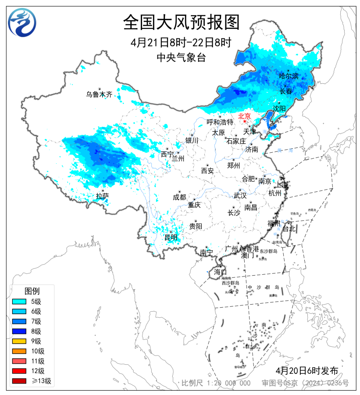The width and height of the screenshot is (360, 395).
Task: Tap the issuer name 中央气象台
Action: [181, 57]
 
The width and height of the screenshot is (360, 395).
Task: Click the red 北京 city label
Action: [244, 116]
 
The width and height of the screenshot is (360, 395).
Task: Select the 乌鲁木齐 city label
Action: [99, 94]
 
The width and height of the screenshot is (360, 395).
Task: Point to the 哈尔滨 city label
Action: [289, 76]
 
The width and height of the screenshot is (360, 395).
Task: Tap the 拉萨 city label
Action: [102, 196]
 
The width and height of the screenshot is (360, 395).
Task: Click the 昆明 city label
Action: [171, 237]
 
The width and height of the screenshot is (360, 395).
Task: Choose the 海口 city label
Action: [220, 272]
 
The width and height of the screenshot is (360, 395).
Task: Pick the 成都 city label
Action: [179, 197]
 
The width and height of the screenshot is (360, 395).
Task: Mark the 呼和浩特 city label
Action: [220, 122]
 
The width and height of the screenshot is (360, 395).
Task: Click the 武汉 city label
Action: [240, 195]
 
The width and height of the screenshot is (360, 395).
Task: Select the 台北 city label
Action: [289, 229]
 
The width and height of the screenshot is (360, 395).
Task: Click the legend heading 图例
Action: [32, 291]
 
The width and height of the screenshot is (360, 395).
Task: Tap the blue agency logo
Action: [22, 23]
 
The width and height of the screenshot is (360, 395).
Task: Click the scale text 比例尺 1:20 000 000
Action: [216, 383]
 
